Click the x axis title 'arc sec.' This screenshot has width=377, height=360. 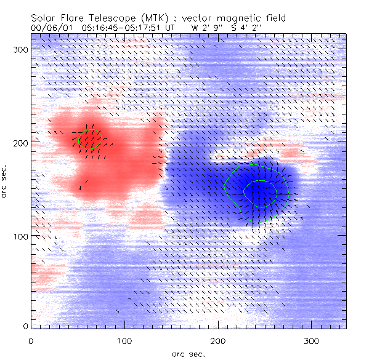click(x=188, y=353)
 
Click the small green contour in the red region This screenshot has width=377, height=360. click(x=90, y=140)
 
